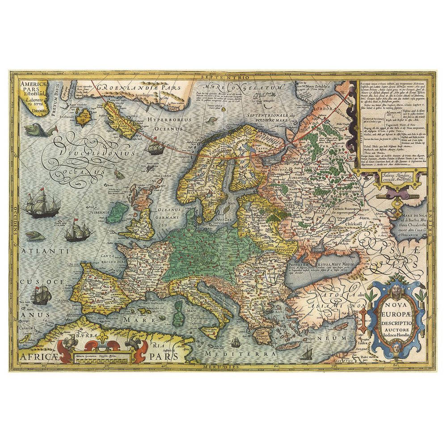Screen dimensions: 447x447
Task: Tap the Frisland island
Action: tap(83, 118)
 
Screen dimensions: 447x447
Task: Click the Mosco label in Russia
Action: tap(309, 208)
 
